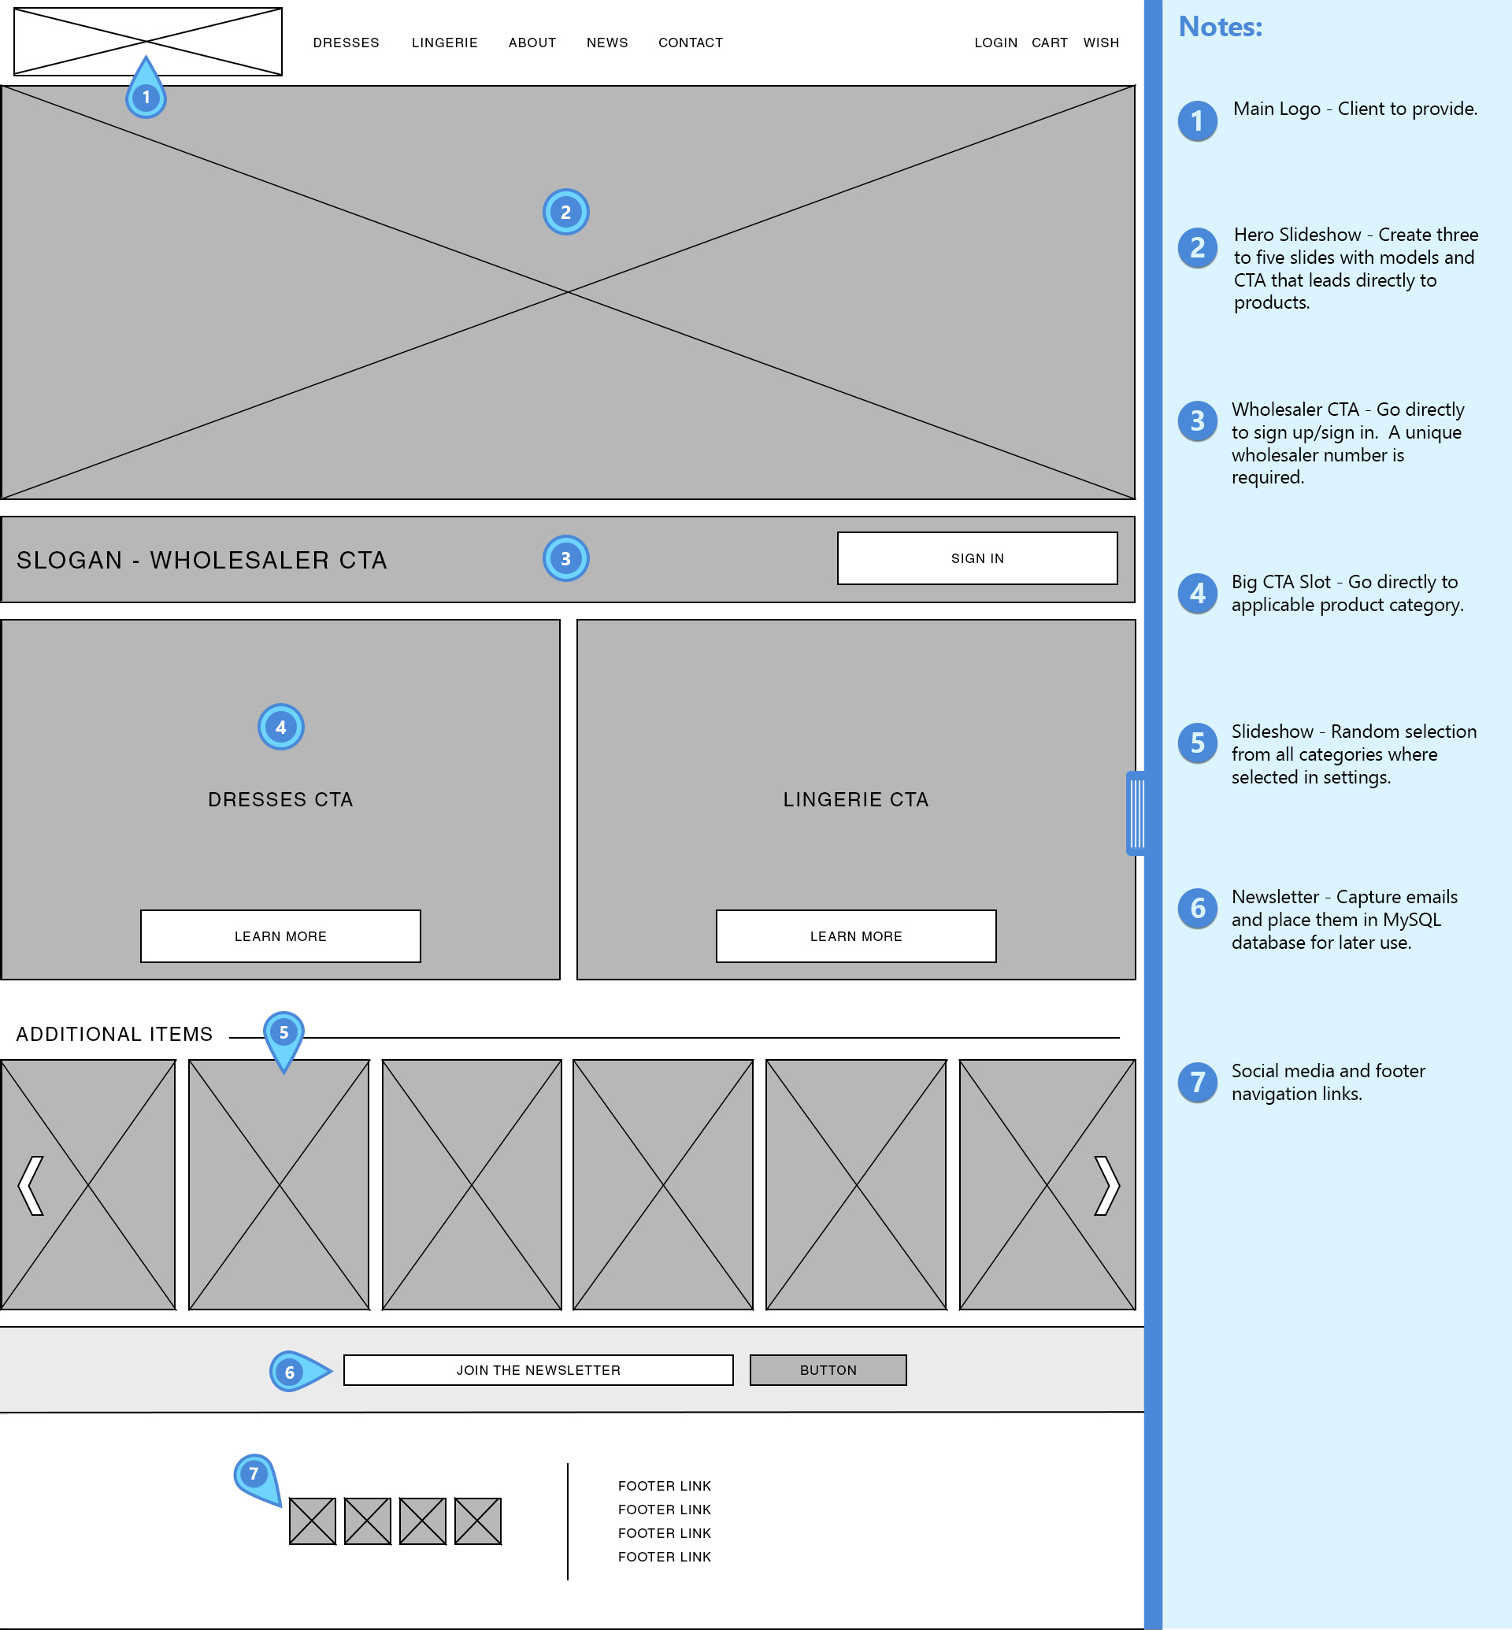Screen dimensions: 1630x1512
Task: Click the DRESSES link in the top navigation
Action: click(x=346, y=43)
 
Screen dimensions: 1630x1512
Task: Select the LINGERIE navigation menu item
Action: click(x=444, y=43)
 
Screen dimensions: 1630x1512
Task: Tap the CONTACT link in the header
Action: click(x=691, y=43)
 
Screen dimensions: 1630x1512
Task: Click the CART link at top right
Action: click(x=1049, y=43)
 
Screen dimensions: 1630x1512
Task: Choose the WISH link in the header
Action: click(x=1100, y=43)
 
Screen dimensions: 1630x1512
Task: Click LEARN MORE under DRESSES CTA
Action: click(x=280, y=936)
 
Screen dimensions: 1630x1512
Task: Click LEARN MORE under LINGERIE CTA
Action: click(x=856, y=936)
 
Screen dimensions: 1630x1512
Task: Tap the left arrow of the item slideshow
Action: click(x=31, y=1185)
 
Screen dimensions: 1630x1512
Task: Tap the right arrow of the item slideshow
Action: click(x=1106, y=1185)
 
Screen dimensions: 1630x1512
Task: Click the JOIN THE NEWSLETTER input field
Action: click(x=538, y=1370)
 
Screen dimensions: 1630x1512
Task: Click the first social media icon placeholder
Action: click(x=313, y=1521)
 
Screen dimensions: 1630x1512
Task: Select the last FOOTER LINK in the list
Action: click(x=665, y=1556)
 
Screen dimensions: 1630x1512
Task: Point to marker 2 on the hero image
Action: click(x=565, y=212)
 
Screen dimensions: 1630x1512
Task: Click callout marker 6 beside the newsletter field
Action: click(x=291, y=1372)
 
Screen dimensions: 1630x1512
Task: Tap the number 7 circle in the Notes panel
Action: click(x=1197, y=1082)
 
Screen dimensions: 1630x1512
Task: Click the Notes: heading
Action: click(x=1220, y=27)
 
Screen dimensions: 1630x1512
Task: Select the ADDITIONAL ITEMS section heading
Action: click(x=114, y=1034)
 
